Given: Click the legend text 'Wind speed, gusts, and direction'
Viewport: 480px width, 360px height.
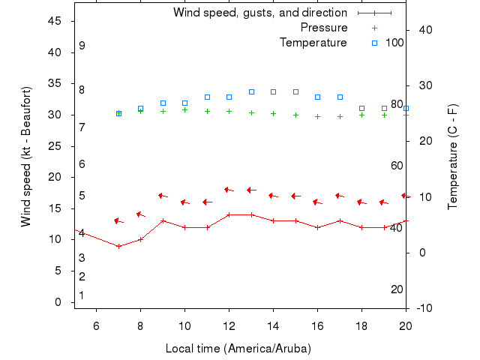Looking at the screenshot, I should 259,13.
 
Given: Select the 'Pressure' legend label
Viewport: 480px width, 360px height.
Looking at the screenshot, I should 323,28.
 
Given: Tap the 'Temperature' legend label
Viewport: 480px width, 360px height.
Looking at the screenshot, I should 313,43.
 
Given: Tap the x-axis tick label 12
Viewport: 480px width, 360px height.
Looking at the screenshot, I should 229,325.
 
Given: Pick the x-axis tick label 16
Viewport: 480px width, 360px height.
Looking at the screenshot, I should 317,325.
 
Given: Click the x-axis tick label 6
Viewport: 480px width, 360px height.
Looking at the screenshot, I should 96,325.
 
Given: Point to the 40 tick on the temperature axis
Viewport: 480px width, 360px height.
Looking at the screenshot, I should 425,29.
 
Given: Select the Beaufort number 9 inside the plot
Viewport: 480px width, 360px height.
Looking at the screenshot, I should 82,46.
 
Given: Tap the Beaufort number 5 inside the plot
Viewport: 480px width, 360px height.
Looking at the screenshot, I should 82,196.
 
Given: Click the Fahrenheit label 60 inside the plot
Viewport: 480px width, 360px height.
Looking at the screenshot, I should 397,166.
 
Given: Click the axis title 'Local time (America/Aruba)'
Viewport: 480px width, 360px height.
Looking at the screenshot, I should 238,349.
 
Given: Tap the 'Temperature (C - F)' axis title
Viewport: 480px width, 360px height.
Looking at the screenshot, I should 453,157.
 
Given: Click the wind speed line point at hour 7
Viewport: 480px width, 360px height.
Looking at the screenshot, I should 118,246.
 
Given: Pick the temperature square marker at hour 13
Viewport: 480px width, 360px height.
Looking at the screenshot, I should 251,91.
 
